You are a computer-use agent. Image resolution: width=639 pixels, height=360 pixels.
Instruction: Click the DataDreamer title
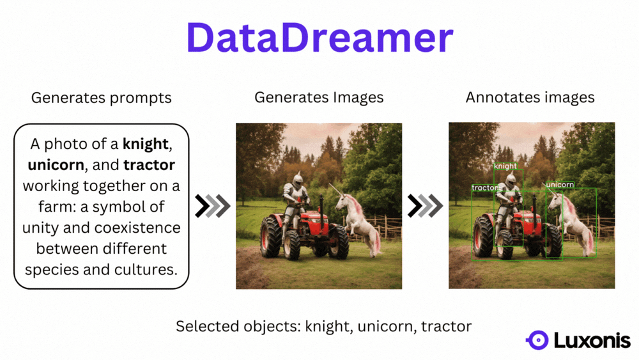coord(319,38)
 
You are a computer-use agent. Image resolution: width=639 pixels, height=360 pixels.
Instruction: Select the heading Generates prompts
coord(101,98)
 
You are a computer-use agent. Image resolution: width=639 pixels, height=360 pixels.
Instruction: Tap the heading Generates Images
coord(319,98)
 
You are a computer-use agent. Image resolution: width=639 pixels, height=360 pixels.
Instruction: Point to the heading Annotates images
coord(530,98)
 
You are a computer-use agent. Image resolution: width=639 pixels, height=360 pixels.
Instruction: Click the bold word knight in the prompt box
coord(147,144)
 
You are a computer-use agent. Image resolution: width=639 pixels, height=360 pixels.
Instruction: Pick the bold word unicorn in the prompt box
coord(56,165)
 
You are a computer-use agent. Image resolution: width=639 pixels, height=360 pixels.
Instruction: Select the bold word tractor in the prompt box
coord(149,165)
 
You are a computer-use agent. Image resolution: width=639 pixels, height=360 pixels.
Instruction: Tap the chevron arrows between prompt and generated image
coord(213,206)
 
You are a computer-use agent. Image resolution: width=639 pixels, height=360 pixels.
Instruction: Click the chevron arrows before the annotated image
coord(426,206)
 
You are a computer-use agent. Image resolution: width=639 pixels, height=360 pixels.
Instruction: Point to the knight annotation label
coord(505,166)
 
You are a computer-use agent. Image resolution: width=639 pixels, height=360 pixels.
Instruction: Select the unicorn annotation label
coord(560,185)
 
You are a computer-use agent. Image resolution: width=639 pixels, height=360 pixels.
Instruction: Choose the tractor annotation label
coord(486,188)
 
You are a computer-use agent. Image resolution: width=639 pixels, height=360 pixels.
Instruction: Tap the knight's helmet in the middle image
coord(298,179)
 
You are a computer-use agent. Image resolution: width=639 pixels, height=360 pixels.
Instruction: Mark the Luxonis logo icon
coord(537,340)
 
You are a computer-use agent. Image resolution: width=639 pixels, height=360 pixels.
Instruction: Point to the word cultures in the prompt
coord(145,269)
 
